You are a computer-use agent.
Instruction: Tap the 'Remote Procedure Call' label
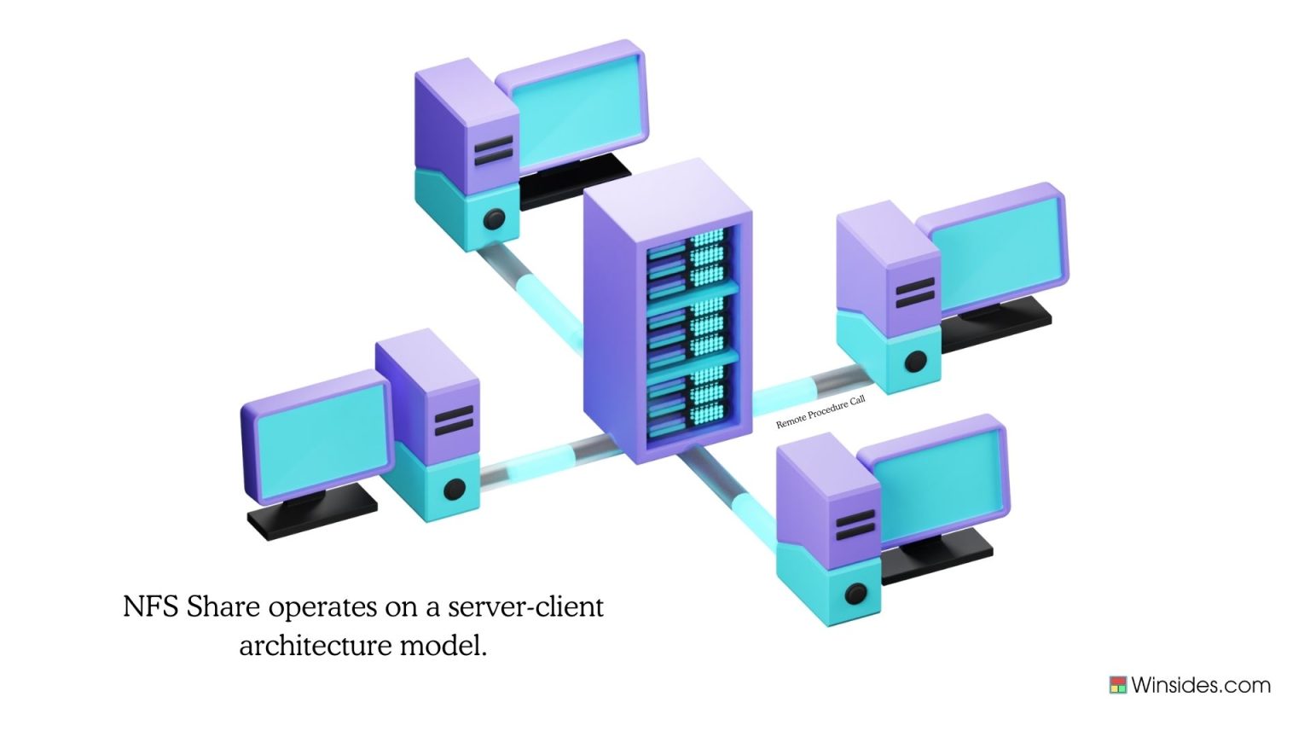[820, 412]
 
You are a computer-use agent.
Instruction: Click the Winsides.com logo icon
[1117, 685]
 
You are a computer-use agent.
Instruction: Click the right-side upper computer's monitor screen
[994, 251]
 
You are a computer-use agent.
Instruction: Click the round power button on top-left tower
[494, 220]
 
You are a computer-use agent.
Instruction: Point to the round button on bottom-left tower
[455, 490]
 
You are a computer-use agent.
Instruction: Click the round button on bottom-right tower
[855, 594]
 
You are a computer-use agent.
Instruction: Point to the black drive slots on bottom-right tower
[855, 525]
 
